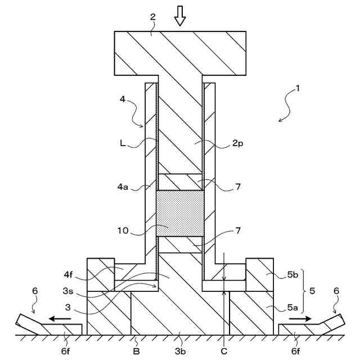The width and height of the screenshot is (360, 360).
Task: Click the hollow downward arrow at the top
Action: [179, 17]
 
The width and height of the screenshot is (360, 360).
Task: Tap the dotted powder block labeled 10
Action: [179, 213]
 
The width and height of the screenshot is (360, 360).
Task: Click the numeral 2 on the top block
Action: [152, 16]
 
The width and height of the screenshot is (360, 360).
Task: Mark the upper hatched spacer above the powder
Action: [179, 182]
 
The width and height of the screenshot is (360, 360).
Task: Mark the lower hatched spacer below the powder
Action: [179, 245]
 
